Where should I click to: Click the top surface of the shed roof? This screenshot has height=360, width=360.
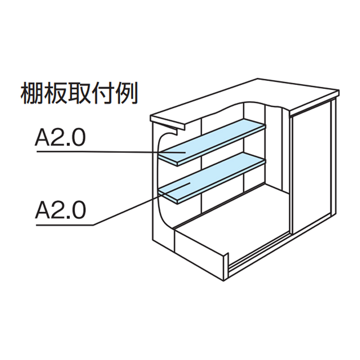click(x=270, y=94)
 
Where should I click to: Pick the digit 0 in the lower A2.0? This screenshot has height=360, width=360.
click(x=78, y=209)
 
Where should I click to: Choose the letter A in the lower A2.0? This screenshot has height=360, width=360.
click(x=42, y=209)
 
